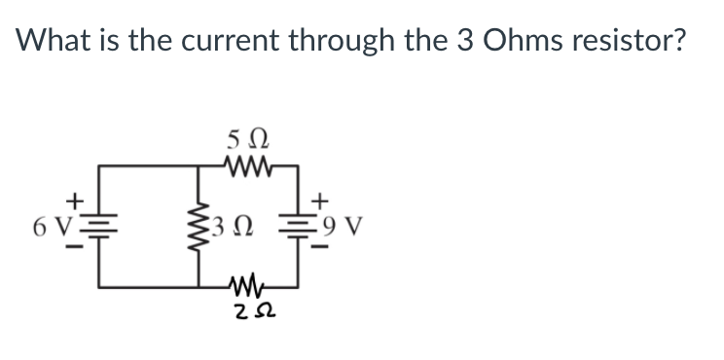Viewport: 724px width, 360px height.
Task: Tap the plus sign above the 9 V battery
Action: click(317, 203)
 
